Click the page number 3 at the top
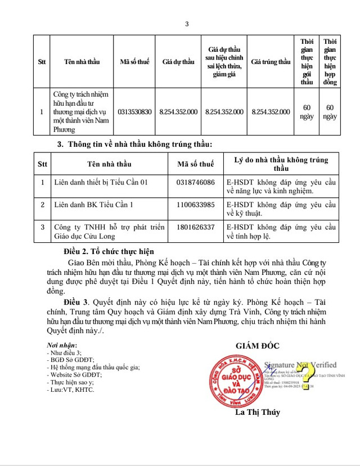187,24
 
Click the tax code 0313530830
135,112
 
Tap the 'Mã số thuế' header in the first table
135,62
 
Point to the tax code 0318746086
196,183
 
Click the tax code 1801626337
196,227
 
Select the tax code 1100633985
196,205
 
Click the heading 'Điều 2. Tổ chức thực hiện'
109,251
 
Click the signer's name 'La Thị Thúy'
258,412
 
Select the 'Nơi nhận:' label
62,345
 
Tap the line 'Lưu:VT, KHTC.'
71,389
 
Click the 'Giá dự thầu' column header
179,62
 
